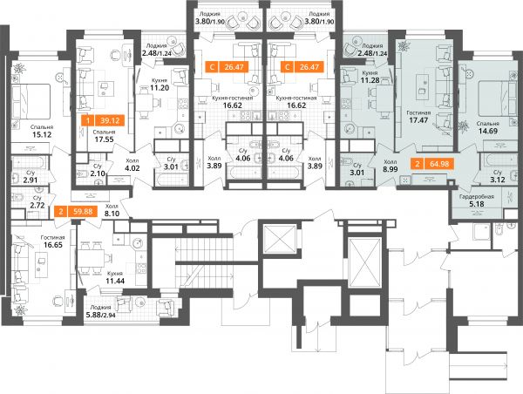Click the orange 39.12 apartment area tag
(x=103, y=120)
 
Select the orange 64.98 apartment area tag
(x=432, y=164)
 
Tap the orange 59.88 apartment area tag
(x=75, y=212)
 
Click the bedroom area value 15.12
(x=42, y=134)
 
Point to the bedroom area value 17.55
(x=104, y=139)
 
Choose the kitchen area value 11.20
(x=160, y=88)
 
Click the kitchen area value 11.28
(x=370, y=80)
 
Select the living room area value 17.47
(x=418, y=120)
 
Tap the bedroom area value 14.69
(x=488, y=131)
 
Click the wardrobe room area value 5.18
(x=476, y=204)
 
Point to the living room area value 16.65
(x=53, y=245)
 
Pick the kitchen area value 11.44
(x=115, y=281)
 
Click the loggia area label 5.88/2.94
(x=101, y=314)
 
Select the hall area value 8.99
(x=391, y=169)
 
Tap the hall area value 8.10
(x=112, y=214)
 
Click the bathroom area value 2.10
(x=98, y=173)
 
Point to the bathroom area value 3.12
(x=498, y=180)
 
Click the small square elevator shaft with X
(x=280, y=239)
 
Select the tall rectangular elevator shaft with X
(x=363, y=262)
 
